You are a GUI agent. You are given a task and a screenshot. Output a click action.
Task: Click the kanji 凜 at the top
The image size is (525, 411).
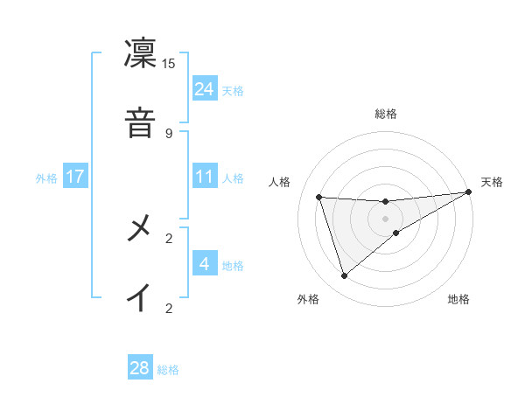click(x=140, y=52)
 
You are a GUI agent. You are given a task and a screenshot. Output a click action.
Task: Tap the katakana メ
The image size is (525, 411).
click(x=140, y=228)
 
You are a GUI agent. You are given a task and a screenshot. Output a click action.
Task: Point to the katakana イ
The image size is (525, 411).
click(x=140, y=298)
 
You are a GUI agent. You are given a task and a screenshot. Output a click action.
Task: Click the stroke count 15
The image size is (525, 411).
click(x=169, y=63)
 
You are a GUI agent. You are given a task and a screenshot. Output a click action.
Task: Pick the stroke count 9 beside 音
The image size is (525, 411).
click(x=169, y=133)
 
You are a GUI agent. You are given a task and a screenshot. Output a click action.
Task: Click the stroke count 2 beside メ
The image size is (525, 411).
click(x=169, y=238)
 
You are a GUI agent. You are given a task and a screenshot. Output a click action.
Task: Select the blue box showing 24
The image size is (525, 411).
click(x=205, y=88)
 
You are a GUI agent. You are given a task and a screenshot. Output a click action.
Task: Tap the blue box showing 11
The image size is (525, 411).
click(x=205, y=177)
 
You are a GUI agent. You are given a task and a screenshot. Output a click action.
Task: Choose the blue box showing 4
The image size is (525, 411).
click(x=205, y=264)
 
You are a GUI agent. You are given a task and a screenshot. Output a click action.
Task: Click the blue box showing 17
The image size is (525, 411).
click(x=75, y=177)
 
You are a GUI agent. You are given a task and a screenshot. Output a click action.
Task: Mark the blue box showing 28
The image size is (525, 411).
click(x=140, y=368)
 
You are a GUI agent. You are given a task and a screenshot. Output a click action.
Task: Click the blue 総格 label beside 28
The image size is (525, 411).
click(x=168, y=370)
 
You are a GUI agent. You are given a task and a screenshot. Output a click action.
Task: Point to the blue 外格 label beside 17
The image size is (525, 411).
click(x=46, y=178)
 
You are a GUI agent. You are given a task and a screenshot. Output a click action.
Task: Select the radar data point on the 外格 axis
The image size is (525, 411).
click(x=344, y=276)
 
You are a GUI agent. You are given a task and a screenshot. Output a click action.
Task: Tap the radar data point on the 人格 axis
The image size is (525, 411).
click(x=319, y=197)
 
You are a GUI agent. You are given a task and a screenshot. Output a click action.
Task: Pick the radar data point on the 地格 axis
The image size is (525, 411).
click(x=396, y=233)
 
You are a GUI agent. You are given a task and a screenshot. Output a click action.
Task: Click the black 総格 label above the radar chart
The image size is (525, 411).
click(x=386, y=114)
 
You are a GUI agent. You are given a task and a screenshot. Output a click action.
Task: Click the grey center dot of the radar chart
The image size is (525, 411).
click(x=386, y=218)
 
